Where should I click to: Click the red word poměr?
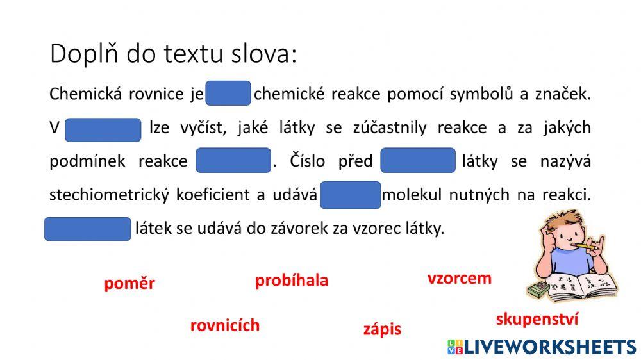[x=129, y=284]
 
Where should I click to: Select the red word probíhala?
[x=292, y=281]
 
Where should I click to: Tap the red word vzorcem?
[x=460, y=278]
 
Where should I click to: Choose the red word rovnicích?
[x=225, y=325]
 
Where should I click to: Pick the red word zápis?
[x=382, y=329]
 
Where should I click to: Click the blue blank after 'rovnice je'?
[x=228, y=94]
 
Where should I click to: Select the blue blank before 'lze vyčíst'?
[x=103, y=129]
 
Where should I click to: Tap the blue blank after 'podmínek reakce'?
[x=233, y=161]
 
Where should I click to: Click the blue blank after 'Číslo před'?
[x=418, y=161]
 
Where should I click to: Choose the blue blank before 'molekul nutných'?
[x=351, y=195]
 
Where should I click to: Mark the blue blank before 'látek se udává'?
[x=87, y=229]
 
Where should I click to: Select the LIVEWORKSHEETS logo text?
[x=542, y=347]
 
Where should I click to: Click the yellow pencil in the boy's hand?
[x=588, y=245]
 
